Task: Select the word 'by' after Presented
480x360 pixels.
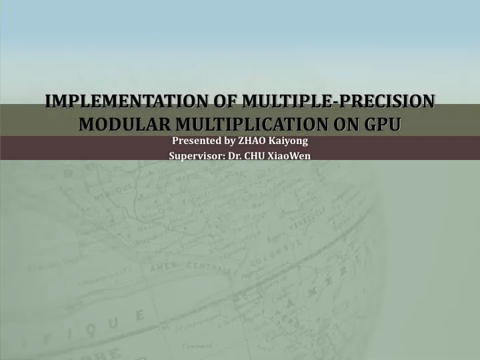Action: [x=229, y=141]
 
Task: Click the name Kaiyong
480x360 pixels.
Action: [x=289, y=141]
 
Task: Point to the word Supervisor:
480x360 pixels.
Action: [x=191, y=156]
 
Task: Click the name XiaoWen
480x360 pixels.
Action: [x=291, y=156]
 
